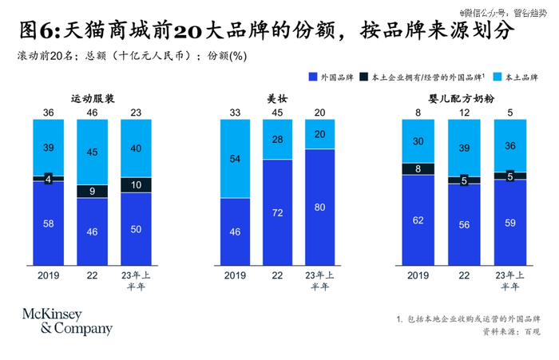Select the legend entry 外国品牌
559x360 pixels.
click(x=331, y=77)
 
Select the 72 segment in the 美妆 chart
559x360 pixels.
click(x=277, y=212)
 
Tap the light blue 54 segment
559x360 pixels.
click(x=234, y=159)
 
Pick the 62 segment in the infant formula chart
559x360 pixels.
click(x=418, y=220)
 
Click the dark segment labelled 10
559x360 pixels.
click(x=136, y=184)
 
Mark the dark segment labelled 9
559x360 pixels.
click(x=92, y=191)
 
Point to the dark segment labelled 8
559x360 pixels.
click(x=418, y=168)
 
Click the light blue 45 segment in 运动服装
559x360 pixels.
click(x=92, y=152)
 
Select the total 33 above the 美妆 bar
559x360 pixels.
click(x=234, y=113)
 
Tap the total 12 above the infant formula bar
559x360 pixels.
click(x=464, y=113)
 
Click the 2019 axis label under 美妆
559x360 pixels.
click(x=234, y=276)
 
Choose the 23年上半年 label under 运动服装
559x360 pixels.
click(x=136, y=281)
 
